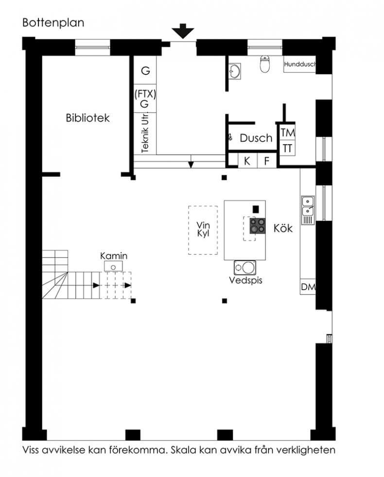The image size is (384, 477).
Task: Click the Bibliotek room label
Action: click(87, 118)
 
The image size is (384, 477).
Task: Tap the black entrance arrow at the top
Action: click(183, 31)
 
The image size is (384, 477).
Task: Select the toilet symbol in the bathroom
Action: click(265, 64)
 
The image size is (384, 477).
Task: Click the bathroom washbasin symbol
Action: click(234, 72)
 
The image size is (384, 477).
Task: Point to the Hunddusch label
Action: click(300, 64)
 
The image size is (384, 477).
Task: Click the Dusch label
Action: click(256, 138)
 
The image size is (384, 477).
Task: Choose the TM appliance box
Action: click(287, 132)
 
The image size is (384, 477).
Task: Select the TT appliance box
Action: click(287, 148)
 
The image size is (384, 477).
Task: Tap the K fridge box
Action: click(247, 161)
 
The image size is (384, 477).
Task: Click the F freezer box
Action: click(267, 161)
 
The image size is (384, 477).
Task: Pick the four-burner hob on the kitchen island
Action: click(258, 226)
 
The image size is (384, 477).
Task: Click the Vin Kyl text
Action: click(203, 229)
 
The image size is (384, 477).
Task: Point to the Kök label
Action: click(283, 228)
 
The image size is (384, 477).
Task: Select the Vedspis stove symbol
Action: click(245, 268)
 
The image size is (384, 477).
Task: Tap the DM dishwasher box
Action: click(308, 287)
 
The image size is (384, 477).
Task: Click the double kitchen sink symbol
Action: click(308, 210)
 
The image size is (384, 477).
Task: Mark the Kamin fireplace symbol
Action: click(113, 266)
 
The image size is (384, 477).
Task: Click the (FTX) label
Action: click(145, 93)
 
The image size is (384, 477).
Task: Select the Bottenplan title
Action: click(53, 23)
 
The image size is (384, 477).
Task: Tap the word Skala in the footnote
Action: click(183, 450)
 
